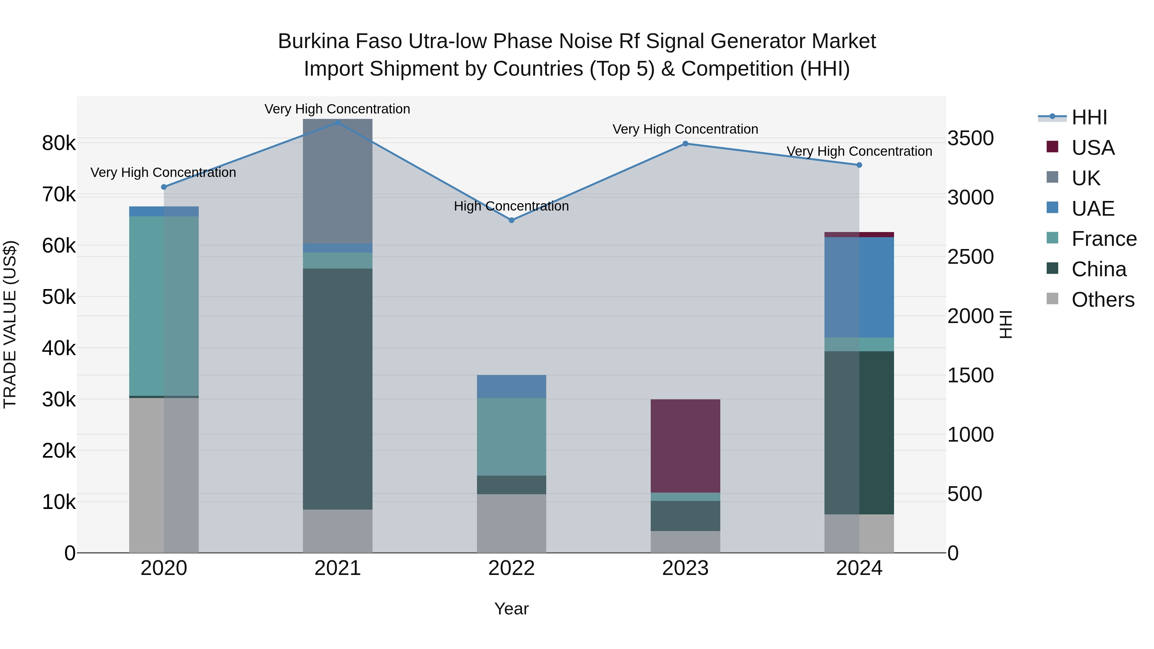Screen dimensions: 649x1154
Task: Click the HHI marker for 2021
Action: tap(338, 123)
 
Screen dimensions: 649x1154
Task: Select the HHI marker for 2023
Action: tap(685, 144)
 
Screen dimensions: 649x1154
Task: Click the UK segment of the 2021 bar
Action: tap(338, 181)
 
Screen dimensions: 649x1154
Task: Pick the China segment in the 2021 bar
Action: tap(338, 389)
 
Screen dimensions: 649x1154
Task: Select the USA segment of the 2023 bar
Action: tap(685, 446)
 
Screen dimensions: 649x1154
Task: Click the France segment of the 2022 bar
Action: tap(512, 437)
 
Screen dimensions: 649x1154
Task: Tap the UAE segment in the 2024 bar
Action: tap(859, 287)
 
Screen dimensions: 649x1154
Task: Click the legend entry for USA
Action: tap(1093, 148)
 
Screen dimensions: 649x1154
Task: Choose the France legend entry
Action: tap(1104, 239)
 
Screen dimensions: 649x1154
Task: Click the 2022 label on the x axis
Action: tap(512, 568)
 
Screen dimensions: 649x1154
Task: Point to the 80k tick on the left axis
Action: tap(59, 143)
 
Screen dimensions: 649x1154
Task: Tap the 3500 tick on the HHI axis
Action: tap(970, 138)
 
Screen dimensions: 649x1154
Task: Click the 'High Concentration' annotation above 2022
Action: tap(512, 206)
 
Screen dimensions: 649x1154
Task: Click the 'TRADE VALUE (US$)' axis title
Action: tap(10, 324)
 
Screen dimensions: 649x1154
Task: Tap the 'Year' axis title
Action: tap(512, 609)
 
